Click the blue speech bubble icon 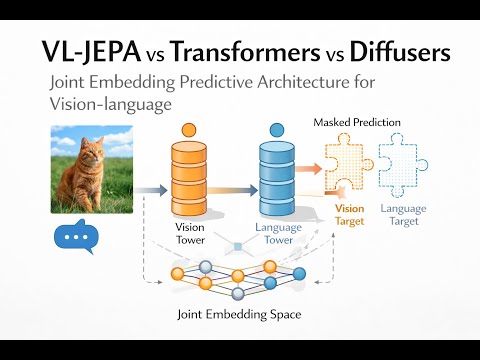click(x=76, y=238)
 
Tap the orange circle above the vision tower click(x=188, y=130)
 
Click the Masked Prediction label click(x=357, y=122)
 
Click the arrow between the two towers click(x=231, y=188)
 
